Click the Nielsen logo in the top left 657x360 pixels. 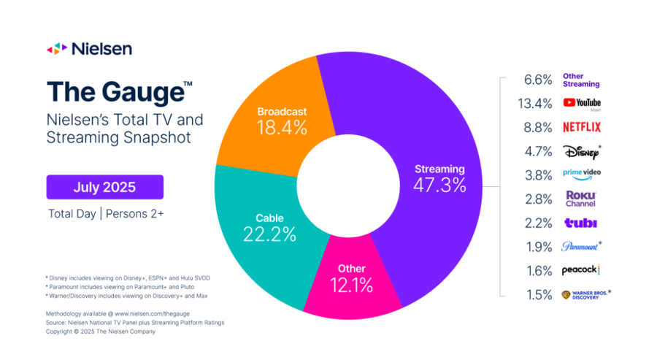pos(90,49)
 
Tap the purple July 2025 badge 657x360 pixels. pos(104,187)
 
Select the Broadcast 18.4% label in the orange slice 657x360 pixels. pos(282,121)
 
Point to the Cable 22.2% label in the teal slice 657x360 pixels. pos(269,227)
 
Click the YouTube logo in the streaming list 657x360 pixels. pos(582,104)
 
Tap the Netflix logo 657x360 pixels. pos(582,127)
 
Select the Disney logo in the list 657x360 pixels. pos(582,151)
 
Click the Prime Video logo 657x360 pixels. pos(582,175)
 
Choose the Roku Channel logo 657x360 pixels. pos(582,199)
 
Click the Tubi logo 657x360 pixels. pos(581,222)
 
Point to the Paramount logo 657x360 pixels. pos(582,245)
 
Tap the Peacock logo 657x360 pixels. pos(581,269)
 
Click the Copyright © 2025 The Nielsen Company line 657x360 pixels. pos(101,331)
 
